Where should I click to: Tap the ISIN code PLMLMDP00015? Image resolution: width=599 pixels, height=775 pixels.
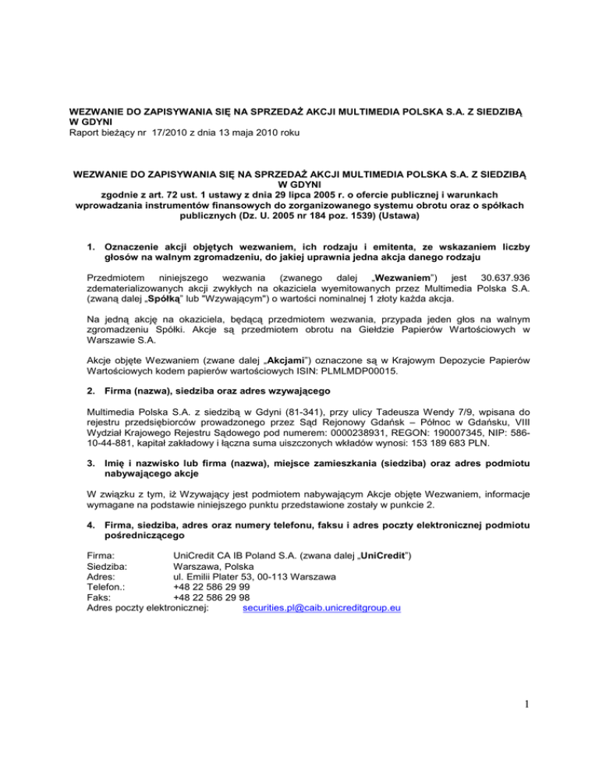pyautogui.click(x=364, y=372)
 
